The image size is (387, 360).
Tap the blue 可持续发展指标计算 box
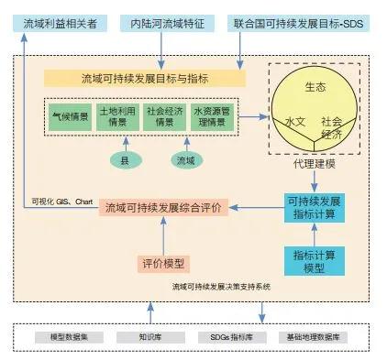314,208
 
